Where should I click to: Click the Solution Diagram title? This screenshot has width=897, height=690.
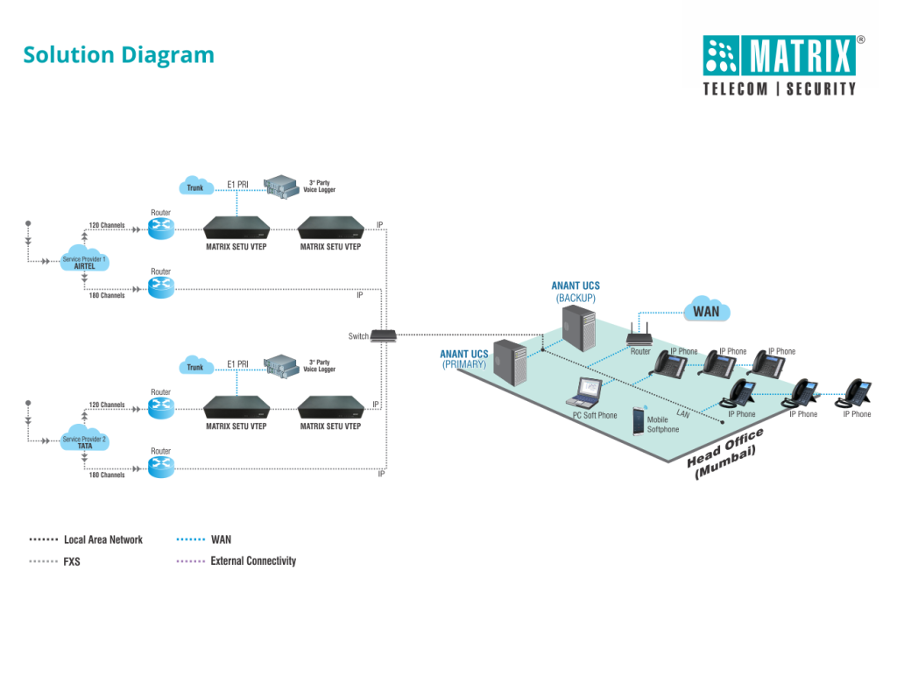(118, 54)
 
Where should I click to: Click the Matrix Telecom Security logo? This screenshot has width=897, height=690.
(779, 66)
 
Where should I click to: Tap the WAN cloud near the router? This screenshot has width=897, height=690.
(706, 311)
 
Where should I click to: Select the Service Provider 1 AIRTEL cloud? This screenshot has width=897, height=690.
(84, 262)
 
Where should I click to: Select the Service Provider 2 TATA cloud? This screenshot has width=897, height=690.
(84, 441)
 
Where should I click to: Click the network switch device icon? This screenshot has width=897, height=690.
(384, 334)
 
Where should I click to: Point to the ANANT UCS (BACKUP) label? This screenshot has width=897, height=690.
(576, 292)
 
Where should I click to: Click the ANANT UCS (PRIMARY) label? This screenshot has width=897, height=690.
(463, 359)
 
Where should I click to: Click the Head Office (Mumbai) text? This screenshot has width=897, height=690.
(726, 454)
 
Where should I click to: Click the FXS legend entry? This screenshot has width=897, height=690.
(72, 561)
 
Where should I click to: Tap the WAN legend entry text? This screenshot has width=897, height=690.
(221, 539)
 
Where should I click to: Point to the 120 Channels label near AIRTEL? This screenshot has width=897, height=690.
(106, 225)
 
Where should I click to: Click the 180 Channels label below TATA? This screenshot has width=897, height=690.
(106, 475)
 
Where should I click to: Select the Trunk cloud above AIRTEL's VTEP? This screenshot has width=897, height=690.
(194, 187)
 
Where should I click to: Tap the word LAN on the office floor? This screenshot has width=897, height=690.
(683, 413)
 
